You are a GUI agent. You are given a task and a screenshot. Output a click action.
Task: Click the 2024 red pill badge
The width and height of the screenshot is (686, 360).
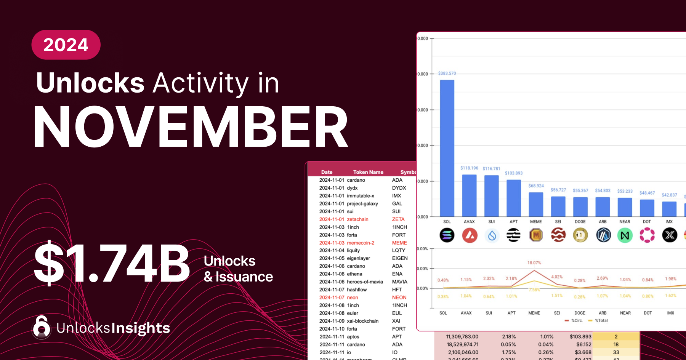66,45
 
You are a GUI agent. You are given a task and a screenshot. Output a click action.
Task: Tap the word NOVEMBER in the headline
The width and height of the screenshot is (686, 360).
191,127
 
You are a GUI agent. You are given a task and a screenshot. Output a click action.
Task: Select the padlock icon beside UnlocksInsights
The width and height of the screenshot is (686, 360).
42,327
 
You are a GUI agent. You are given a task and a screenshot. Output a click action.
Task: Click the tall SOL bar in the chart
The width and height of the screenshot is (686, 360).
447,149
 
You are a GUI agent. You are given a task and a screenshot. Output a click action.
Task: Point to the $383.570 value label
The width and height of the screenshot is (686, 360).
447,73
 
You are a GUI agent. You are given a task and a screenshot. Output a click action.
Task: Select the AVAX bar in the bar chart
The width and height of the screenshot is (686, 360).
469,195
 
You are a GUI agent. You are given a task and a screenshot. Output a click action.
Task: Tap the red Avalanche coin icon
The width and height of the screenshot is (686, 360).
470,235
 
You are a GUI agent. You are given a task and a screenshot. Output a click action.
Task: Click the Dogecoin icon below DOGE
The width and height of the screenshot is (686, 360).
580,235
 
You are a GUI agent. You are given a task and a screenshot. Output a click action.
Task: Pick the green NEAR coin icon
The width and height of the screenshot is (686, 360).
625,235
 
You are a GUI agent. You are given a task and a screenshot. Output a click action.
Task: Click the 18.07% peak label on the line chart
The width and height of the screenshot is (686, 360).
534,263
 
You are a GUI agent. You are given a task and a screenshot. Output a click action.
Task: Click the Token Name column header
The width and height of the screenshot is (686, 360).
368,172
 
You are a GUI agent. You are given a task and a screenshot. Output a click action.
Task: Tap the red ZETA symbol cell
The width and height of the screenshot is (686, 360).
398,219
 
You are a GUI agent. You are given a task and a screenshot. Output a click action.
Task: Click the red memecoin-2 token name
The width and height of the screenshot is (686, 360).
361,243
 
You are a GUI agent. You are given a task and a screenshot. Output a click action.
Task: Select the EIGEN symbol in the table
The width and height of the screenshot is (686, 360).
400,258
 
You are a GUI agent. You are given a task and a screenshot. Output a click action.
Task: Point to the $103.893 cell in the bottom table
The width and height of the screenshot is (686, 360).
580,337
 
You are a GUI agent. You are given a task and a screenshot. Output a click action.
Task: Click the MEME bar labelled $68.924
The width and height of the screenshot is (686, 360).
536,205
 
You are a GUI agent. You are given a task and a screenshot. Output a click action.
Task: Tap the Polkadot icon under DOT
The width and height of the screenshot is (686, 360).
647,235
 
